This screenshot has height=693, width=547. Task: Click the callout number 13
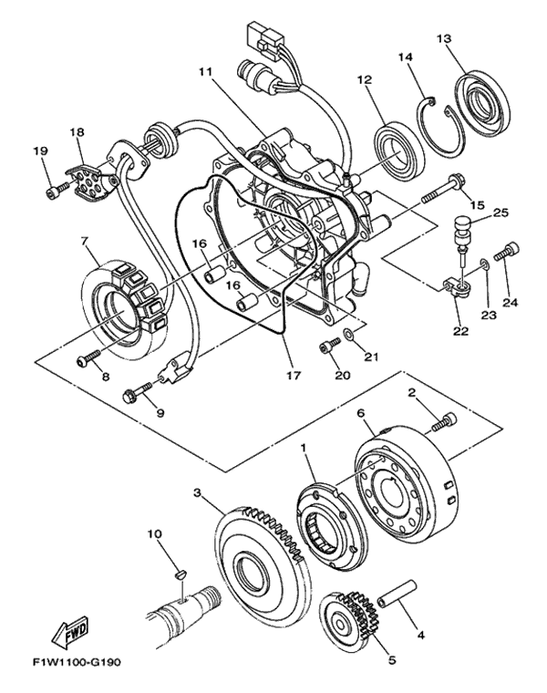click(444, 38)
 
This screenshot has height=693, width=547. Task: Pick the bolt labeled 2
click(445, 421)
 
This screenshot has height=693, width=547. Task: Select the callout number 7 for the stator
click(84, 243)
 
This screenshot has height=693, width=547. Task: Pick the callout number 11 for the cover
click(205, 70)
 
